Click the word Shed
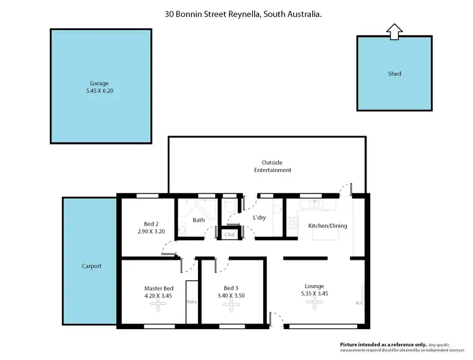[x=394, y=74]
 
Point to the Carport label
[x=91, y=266]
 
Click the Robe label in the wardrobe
[x=191, y=301]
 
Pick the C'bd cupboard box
[x=229, y=234]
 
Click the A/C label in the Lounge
[x=359, y=303]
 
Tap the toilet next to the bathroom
[x=230, y=207]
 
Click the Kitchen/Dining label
[x=327, y=226]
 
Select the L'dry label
[x=259, y=218]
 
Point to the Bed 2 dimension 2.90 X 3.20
[x=150, y=231]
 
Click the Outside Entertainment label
[x=272, y=166]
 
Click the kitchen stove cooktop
[x=292, y=222]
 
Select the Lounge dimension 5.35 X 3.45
[x=313, y=293]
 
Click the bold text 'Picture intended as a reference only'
[x=383, y=345]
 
